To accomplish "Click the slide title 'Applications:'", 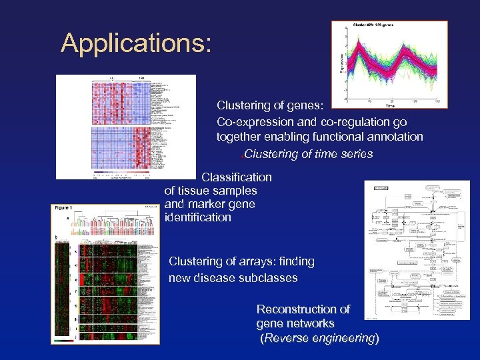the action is click(136, 43).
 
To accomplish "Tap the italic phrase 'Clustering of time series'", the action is click(309, 155).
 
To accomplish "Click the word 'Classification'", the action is click(236, 177).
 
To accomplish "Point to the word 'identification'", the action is click(197, 217).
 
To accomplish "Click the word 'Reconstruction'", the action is click(303, 309).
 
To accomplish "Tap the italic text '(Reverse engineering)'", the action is click(319, 338).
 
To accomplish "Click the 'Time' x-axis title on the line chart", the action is click(390, 105).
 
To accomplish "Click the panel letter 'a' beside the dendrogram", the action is click(67, 218).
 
